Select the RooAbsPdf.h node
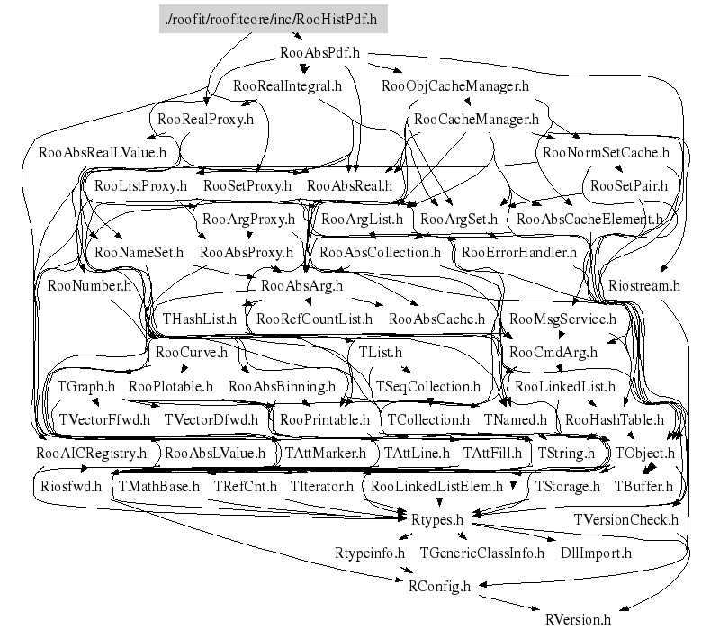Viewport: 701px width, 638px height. pyautogui.click(x=320, y=53)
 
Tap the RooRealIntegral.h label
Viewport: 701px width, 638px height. pyautogui.click(x=287, y=86)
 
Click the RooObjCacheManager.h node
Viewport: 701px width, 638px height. pyautogui.click(x=454, y=86)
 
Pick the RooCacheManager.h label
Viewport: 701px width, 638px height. pyautogui.click(x=475, y=119)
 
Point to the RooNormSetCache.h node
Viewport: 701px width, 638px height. pyautogui.click(x=607, y=152)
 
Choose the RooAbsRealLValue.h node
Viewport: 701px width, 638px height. pyautogui.click(x=103, y=152)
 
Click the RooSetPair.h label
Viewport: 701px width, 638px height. pyautogui.click(x=628, y=185)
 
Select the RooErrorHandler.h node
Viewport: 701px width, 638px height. pyautogui.click(x=518, y=252)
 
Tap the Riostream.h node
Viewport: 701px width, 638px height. pyautogui.click(x=643, y=285)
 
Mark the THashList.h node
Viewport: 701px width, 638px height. pyautogui.click(x=199, y=319)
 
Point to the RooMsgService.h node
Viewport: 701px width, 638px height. pyautogui.click(x=562, y=319)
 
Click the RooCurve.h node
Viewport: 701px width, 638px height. pyautogui.click(x=192, y=352)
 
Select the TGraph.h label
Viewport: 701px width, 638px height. pyautogui.click(x=86, y=386)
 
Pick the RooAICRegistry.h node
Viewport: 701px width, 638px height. pyautogui.click(x=91, y=453)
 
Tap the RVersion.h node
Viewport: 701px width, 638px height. pyautogui.click(x=578, y=619)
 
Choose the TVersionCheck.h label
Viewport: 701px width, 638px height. pyautogui.click(x=625, y=519)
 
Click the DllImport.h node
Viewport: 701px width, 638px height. pyautogui.click(x=596, y=553)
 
